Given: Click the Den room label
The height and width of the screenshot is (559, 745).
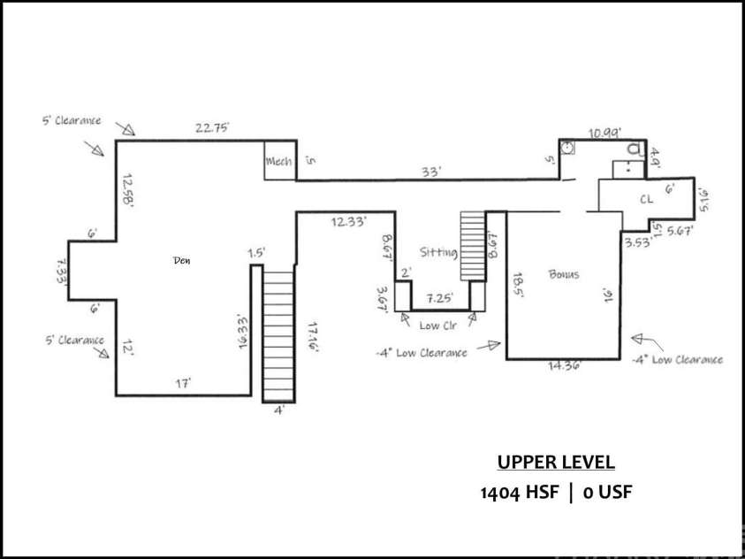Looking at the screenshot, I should pos(182,261).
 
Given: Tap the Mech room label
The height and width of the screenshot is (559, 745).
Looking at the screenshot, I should pos(278,162).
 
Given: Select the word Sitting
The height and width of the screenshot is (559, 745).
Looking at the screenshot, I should pos(438,253).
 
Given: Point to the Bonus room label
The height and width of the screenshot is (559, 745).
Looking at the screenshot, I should pos(563,274).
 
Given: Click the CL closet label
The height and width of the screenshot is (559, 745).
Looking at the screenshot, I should pos(646,200).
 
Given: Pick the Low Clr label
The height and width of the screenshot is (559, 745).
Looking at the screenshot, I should pos(437,325).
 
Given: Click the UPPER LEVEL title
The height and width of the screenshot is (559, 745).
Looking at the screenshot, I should pos(555,463).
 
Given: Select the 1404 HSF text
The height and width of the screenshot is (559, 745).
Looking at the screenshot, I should pos(520,492).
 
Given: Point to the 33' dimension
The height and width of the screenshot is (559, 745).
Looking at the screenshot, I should pos(430,172).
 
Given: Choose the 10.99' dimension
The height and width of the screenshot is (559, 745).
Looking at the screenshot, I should pos(604,133).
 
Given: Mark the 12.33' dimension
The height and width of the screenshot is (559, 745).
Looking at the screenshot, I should pos(348,222).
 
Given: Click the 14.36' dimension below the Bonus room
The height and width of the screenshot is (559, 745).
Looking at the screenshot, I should pos(564,364).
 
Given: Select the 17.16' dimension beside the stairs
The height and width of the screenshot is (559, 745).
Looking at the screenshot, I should pos(312,337).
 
